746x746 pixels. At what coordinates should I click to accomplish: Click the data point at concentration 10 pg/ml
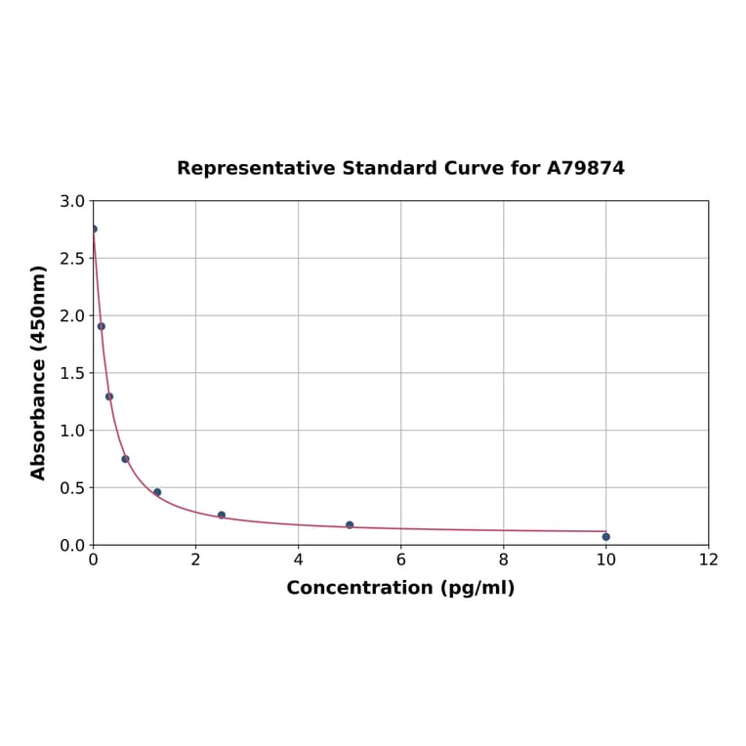point(605,536)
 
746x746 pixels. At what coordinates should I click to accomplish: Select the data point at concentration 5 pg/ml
point(350,525)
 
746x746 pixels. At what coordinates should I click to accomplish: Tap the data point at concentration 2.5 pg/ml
point(222,515)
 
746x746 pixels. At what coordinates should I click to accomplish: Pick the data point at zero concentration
point(94,228)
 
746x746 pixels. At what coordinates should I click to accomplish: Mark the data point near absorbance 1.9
point(102,326)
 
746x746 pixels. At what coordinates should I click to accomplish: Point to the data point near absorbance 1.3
point(109,396)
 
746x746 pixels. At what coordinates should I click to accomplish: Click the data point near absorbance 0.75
point(125,459)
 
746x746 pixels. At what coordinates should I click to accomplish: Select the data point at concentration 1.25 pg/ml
point(157,492)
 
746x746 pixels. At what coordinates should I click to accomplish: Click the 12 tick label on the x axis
point(708,559)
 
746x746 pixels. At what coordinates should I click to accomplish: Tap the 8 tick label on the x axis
point(503,559)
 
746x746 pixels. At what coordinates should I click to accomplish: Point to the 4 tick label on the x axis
point(298,559)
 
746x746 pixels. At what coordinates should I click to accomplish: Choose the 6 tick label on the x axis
point(400,559)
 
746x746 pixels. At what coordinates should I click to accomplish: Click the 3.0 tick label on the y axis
point(72,201)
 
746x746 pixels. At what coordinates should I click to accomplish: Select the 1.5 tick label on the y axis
point(72,373)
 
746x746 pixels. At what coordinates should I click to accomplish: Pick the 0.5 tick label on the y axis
point(72,487)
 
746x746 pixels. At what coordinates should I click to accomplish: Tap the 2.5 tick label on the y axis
point(72,259)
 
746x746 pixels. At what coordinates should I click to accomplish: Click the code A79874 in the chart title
point(585,168)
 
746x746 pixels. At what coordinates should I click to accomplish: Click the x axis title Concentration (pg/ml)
point(400,588)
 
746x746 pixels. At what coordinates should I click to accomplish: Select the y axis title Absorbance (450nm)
point(39,372)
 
